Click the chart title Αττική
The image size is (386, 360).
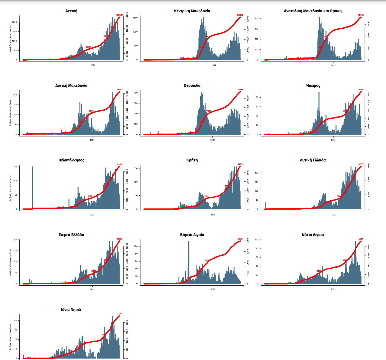coord(71,11)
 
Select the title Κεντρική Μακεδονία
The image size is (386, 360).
coord(192,11)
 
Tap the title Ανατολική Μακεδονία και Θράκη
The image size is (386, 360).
coord(313,11)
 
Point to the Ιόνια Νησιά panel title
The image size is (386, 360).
coord(71,310)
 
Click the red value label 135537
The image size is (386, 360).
coord(119,15)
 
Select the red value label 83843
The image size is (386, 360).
coord(240,15)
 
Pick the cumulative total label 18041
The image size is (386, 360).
coord(361,15)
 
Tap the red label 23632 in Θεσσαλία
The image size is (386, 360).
coord(240,90)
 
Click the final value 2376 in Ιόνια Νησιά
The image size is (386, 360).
coord(119,314)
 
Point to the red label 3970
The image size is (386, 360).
coord(240,239)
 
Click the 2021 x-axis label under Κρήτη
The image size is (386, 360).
coord(213,215)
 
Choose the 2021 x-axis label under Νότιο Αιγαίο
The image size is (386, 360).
coord(333,289)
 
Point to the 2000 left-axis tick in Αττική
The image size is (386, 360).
coord(14,22)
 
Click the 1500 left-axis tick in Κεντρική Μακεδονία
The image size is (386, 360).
coord(135,18)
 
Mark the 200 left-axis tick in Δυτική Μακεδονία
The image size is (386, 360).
coord(15,95)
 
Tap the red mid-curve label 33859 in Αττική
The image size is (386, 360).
coord(88,47)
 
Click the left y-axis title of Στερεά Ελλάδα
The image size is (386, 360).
coord(10,262)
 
